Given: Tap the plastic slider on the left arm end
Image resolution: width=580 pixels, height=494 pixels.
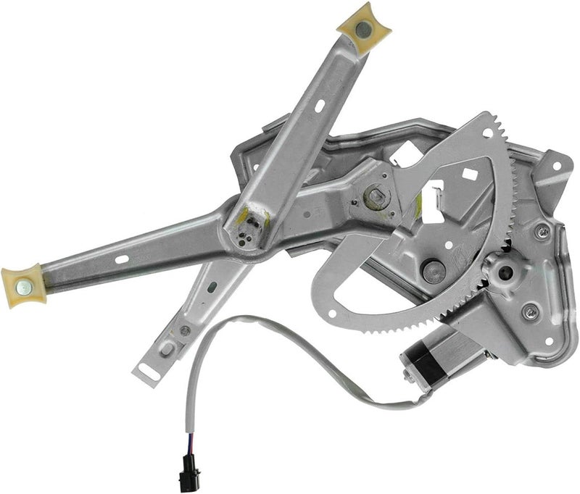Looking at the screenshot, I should [23, 284].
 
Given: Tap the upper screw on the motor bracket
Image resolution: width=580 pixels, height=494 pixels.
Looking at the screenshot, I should [542, 232].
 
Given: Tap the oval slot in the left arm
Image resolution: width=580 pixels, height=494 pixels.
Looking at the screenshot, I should [122, 259].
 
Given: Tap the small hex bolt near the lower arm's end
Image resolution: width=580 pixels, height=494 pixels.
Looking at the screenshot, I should [186, 331].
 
